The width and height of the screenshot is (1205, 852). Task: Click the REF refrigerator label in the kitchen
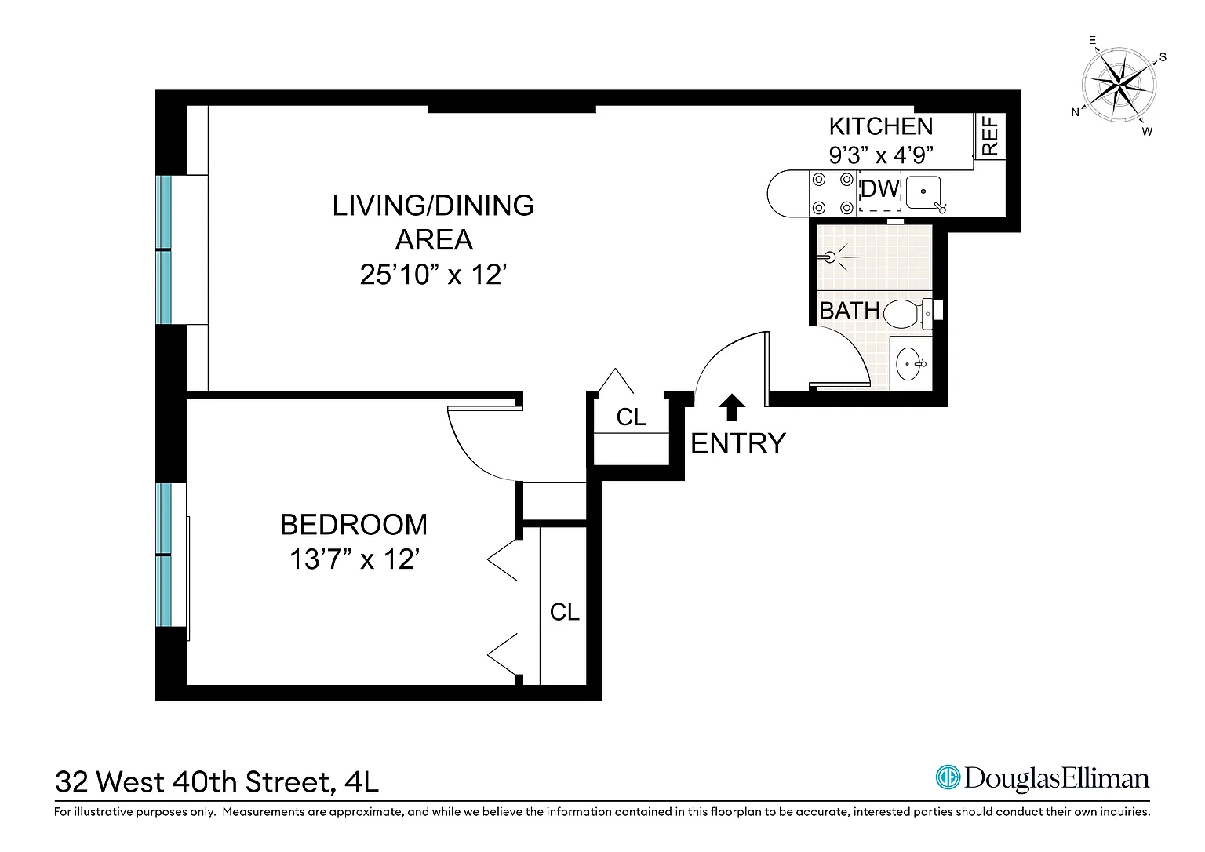click(990, 137)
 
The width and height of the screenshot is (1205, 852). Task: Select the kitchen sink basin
click(923, 192)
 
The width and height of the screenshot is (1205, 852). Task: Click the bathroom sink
click(910, 363)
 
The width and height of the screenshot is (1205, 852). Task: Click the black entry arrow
click(732, 406)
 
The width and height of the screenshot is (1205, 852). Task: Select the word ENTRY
click(738, 444)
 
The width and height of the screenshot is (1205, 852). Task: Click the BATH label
click(849, 311)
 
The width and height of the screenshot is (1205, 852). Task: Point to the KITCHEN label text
click(881, 127)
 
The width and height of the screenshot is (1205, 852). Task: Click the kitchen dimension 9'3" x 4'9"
click(881, 155)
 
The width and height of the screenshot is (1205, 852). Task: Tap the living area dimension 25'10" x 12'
click(433, 275)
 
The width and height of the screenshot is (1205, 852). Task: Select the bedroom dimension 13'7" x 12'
click(354, 559)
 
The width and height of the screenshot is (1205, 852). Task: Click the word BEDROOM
click(354, 524)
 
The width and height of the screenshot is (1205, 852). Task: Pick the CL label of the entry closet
click(631, 417)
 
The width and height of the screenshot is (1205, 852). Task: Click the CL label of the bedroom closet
click(564, 612)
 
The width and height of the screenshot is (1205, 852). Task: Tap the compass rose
click(1119, 85)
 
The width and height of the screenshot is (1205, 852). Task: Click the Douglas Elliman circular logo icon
click(948, 777)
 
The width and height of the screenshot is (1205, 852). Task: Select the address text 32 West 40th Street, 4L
click(217, 782)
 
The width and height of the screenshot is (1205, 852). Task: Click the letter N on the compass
click(1075, 112)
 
